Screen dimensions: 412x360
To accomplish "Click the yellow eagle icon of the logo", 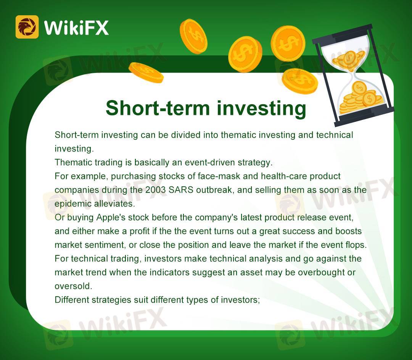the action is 27,27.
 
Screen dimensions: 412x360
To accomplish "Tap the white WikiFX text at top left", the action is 76,27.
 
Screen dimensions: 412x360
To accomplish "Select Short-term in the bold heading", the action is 158,108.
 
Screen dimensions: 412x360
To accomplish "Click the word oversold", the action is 73,286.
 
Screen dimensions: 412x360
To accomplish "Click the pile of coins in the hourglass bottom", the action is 360,99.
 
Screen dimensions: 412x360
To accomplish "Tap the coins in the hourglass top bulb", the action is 348,59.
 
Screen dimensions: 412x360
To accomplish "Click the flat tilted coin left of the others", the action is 146,73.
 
